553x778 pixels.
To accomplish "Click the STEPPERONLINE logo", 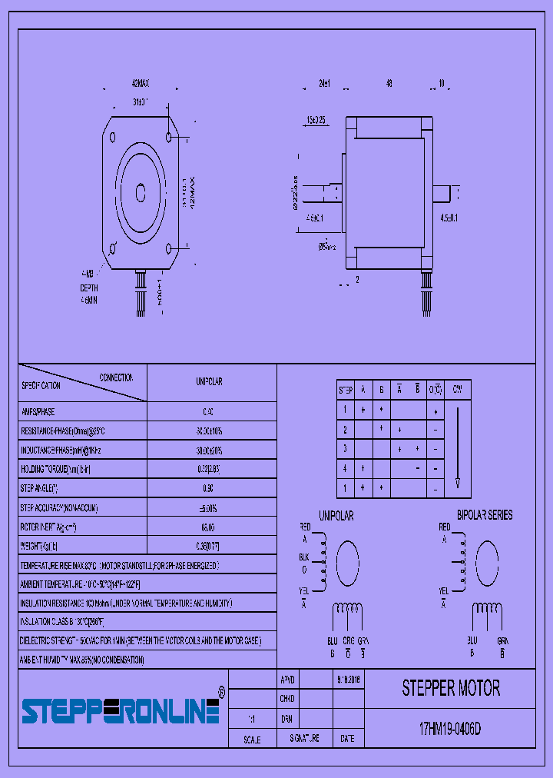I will (121, 711).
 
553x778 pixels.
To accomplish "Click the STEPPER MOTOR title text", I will (451, 688).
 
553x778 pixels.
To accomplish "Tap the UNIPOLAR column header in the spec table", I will (210, 382).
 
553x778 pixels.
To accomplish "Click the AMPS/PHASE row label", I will (38, 412).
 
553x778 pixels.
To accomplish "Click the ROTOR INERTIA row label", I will (48, 527).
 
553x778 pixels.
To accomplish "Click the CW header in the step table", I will (458, 390).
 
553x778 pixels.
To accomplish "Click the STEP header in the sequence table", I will (346, 390).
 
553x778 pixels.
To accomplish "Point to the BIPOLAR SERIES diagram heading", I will (485, 515).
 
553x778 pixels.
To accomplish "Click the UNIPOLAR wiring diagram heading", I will (336, 516).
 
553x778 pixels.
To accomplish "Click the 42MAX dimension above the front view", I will (140, 84).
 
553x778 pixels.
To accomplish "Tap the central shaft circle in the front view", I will (141, 192).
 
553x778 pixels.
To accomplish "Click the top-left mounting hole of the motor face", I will (113, 138).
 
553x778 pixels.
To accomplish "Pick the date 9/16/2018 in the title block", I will (349, 680).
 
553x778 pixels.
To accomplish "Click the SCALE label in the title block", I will (252, 740).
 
